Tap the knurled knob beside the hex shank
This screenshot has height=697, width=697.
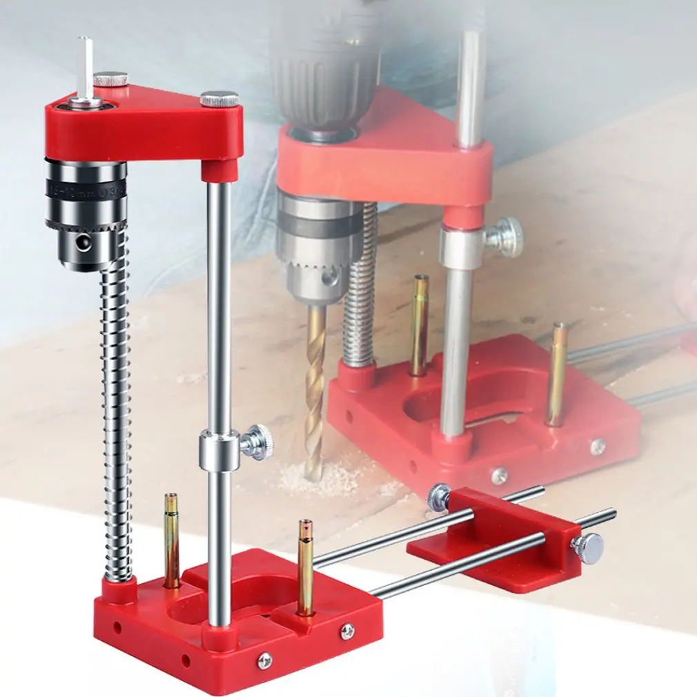(x=111, y=79)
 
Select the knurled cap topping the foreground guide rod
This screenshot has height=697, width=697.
(x=219, y=99)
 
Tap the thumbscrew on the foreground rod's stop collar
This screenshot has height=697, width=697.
(x=257, y=442)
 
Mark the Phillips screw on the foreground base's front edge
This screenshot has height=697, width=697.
(x=264, y=661)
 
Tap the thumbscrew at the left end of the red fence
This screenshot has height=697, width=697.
(x=438, y=498)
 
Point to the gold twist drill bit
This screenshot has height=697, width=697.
(x=315, y=386)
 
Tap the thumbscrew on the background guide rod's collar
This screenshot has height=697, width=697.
(x=504, y=237)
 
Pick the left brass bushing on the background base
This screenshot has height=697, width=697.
(x=419, y=324)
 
